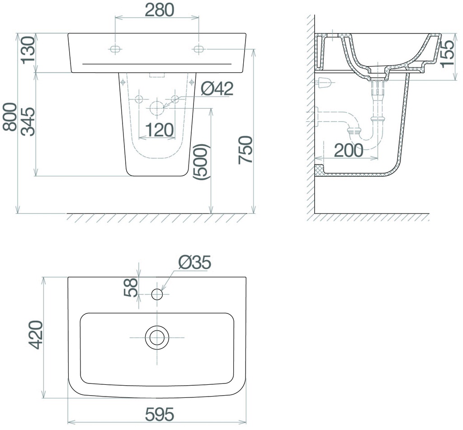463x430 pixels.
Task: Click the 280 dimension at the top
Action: [x=160, y=10]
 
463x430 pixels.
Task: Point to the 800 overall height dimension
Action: [x=10, y=117]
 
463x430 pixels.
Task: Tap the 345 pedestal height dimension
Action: [x=29, y=121]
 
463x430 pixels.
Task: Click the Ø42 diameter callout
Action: [x=217, y=88]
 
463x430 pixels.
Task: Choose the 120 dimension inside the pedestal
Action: [x=159, y=130]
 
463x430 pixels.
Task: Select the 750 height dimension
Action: [x=246, y=150]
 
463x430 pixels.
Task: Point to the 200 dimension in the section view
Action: [x=349, y=150]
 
